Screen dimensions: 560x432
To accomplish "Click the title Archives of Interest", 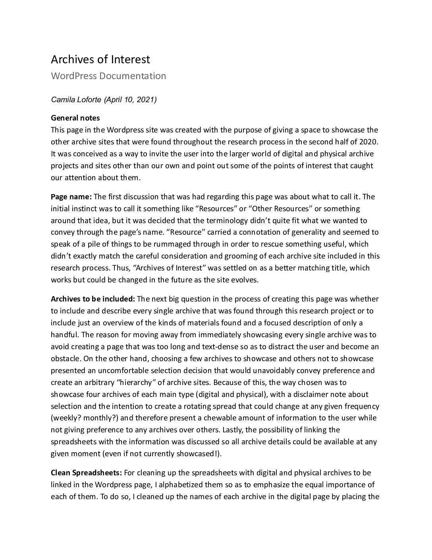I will [x=100, y=59].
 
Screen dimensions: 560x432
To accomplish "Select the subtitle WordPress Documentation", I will [x=108, y=76].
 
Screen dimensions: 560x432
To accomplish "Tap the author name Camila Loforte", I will [x=76, y=100].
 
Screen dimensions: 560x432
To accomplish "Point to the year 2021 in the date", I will [x=146, y=100].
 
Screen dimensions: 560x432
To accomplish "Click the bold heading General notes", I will [x=75, y=118].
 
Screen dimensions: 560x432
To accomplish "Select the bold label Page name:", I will [x=71, y=196].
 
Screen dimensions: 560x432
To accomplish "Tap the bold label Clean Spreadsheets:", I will [x=87, y=473].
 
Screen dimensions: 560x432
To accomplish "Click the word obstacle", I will [x=66, y=359].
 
